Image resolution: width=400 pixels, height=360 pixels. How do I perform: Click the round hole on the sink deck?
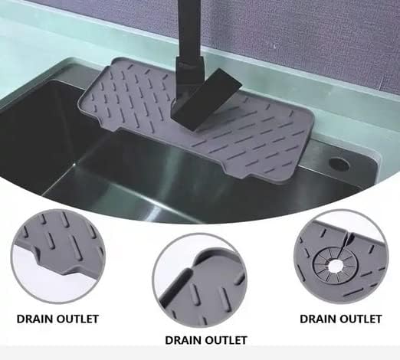339,164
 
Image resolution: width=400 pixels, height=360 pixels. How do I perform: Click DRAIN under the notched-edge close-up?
34,319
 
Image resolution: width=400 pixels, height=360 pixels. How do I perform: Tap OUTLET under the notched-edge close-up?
77,319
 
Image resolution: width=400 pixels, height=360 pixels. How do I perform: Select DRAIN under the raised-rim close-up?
183,340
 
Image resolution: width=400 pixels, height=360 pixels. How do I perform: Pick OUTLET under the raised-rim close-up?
226,340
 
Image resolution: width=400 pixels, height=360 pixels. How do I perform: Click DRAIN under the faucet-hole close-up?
317,319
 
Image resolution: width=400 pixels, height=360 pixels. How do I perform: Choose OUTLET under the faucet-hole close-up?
360,319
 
